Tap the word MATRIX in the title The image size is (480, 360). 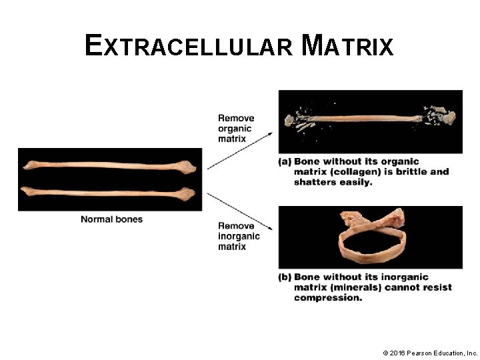(347, 46)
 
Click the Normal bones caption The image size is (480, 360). (111, 219)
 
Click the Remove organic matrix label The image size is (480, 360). (235, 129)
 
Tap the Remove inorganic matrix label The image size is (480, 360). (239, 236)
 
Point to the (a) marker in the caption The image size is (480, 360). (285, 161)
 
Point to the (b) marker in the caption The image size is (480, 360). (285, 277)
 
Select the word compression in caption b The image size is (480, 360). (327, 297)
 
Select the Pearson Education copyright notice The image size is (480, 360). (430, 352)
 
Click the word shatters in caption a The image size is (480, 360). (315, 182)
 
